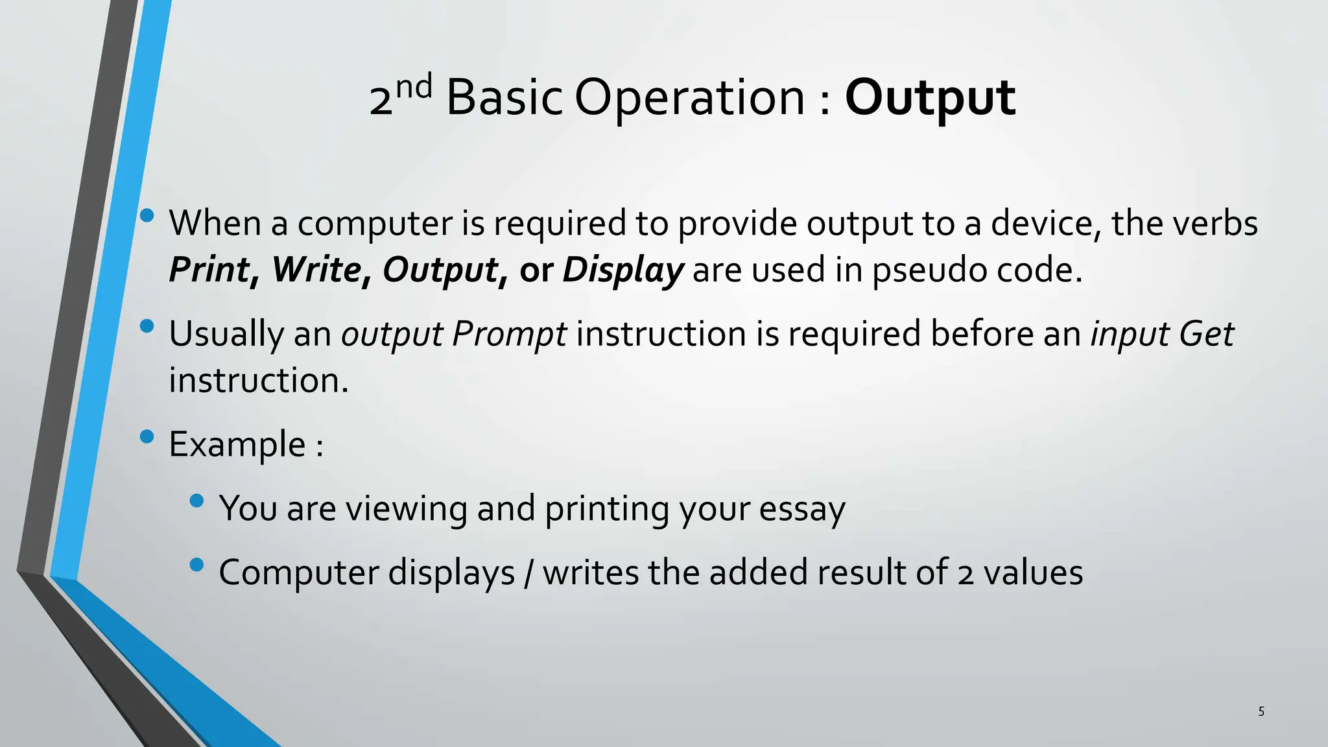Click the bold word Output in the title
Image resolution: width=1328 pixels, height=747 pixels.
tap(929, 99)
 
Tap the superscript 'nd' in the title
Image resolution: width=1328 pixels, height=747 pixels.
tap(414, 88)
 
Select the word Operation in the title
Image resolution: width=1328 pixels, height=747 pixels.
tap(689, 99)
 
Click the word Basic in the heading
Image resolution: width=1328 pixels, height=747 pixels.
tap(504, 99)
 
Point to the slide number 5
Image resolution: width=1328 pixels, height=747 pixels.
tap(1261, 711)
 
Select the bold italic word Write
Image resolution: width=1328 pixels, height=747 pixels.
tap(316, 270)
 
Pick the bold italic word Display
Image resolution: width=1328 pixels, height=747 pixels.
tap(622, 270)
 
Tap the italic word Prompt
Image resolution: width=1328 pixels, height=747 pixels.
tap(509, 335)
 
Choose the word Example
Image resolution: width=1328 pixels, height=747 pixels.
tap(237, 445)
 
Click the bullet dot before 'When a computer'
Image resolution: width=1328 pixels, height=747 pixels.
tap(147, 215)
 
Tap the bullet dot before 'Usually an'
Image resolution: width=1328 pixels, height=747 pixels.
tap(147, 326)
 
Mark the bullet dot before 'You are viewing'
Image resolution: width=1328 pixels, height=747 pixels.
tap(197, 501)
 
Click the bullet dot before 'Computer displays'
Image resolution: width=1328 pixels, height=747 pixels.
tap(197, 565)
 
